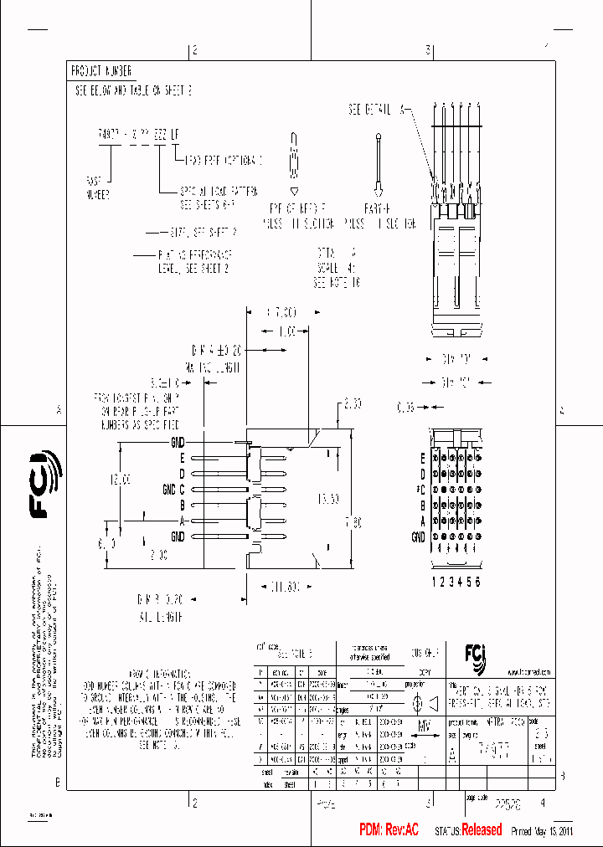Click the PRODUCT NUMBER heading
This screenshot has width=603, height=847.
pyautogui.click(x=100, y=72)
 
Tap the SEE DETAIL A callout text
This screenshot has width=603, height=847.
pyautogui.click(x=377, y=110)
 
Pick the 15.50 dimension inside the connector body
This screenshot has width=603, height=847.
pyautogui.click(x=328, y=498)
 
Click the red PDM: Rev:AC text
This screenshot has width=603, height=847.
pyautogui.click(x=389, y=830)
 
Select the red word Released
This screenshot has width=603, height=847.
pyautogui.click(x=482, y=830)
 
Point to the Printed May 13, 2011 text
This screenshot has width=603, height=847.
pyautogui.click(x=542, y=831)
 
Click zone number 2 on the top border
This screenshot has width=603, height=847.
pyautogui.click(x=194, y=51)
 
